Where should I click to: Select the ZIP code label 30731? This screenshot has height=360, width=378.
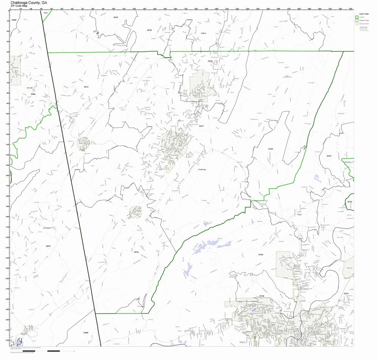(86, 87)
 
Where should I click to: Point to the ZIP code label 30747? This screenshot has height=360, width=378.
(201, 126)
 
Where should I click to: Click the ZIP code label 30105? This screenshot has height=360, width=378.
(271, 149)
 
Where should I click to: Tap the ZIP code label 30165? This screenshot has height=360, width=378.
(261, 255)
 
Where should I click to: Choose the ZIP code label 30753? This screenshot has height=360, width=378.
(210, 61)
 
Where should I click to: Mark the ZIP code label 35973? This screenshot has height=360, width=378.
(48, 246)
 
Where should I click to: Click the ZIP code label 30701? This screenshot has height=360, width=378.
(329, 156)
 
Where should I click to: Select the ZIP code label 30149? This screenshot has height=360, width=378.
(262, 296)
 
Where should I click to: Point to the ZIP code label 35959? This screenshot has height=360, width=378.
(86, 332)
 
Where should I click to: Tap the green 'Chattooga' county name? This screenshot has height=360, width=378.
(202, 170)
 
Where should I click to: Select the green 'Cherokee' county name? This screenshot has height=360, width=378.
(47, 228)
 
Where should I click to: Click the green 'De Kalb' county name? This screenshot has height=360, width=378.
(30, 88)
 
